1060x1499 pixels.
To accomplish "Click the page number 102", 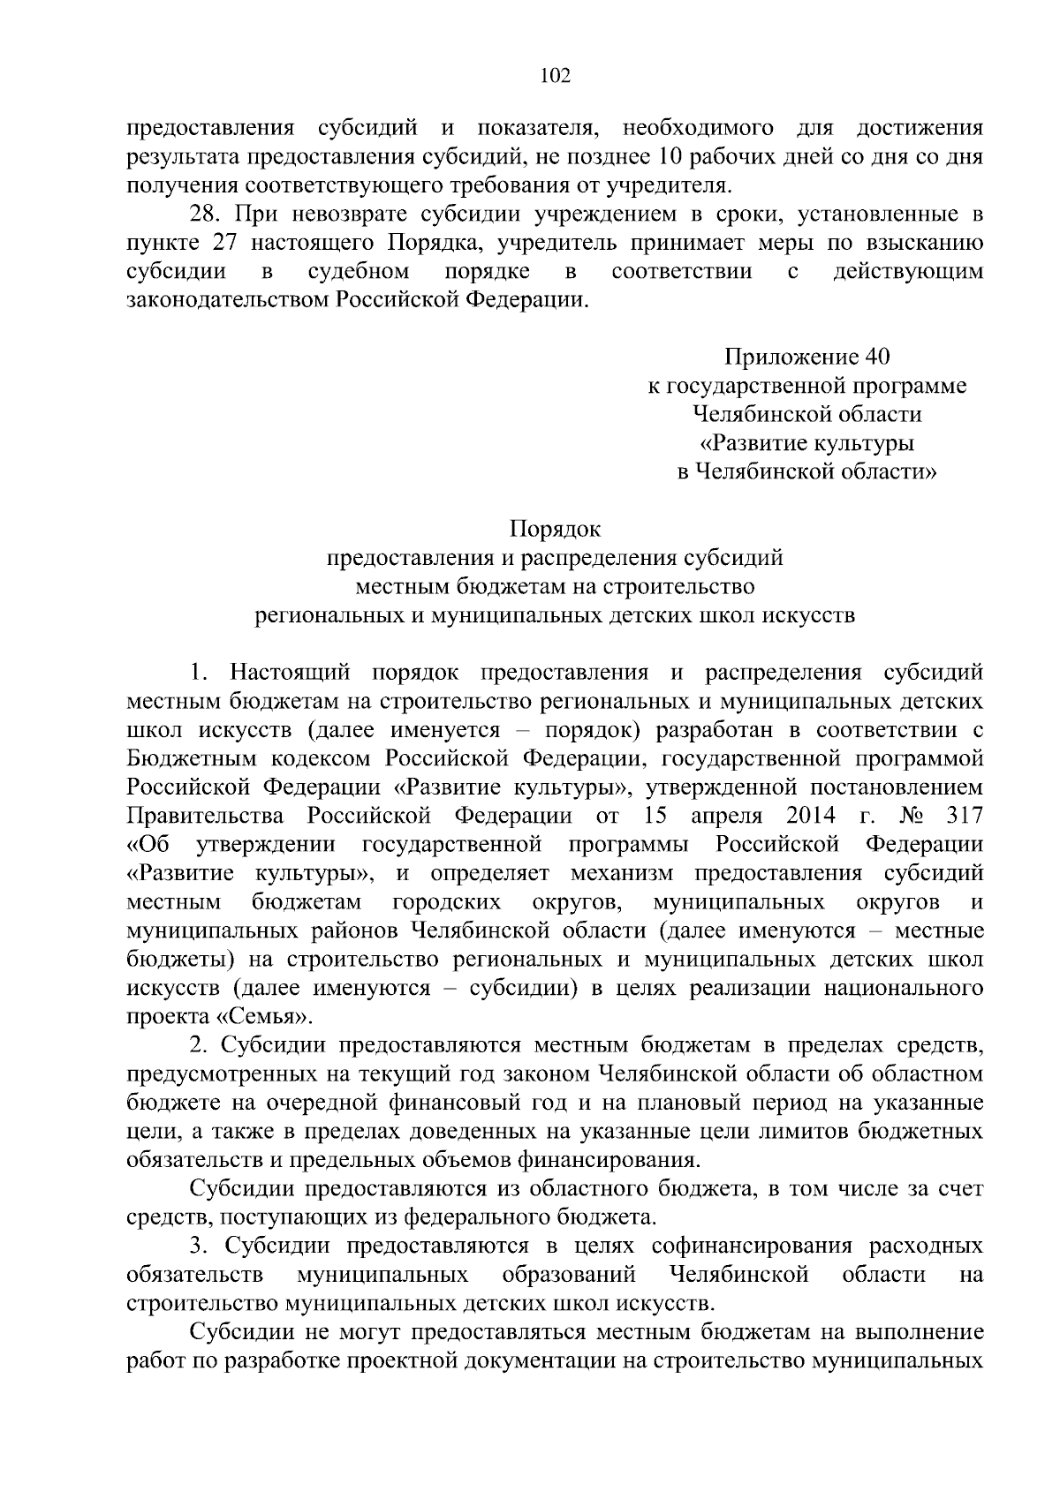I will tap(556, 76).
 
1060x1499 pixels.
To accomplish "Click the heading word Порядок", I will tap(555, 530).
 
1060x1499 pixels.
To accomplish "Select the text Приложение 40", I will tap(806, 357).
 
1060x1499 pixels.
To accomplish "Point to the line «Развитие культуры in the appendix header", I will tap(806, 443).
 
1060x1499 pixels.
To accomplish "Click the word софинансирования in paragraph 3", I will tap(752, 1247).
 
